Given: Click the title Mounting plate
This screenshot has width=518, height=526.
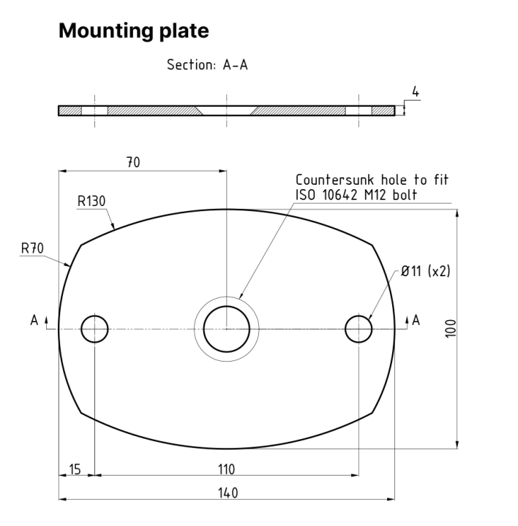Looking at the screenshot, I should pos(133,31).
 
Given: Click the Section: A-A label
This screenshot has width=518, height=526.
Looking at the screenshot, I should pos(207,65).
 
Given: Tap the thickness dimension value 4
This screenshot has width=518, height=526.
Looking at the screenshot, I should pos(415,92).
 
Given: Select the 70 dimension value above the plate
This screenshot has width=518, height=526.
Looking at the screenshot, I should pos(132,162).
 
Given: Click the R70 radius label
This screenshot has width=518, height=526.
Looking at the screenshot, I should pos(32,248).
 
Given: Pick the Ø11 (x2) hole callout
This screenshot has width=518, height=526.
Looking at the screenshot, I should pos(425,271).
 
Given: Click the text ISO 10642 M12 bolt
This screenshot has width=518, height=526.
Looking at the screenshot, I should pos(356,194).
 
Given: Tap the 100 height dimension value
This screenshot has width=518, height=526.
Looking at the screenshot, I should pos(450,328).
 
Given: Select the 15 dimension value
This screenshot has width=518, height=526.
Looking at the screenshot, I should pos(75,468).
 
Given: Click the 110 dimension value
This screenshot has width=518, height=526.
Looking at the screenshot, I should pos(226,468).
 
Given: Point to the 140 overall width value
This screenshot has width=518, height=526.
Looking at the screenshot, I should pos(226,493).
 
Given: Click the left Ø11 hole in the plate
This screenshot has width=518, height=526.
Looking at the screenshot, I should pos(94,329).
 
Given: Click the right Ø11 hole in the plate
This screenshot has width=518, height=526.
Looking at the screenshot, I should pos(359,329).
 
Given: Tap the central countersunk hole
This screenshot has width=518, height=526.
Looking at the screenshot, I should pos(226,329).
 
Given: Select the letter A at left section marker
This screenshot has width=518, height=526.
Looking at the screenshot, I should pos(34,320).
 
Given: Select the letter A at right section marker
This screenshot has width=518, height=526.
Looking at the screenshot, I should pos(416,320).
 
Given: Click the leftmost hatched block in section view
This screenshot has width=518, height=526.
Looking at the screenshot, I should pos(70,111).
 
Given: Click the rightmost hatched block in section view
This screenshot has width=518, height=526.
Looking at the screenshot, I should pos(383,111).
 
